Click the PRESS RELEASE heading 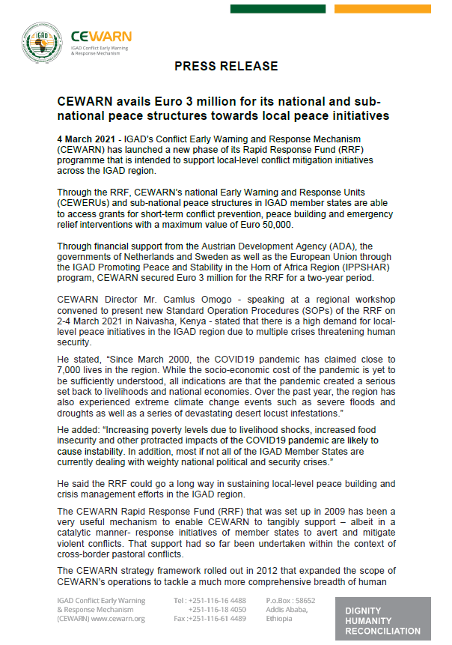click(x=226, y=66)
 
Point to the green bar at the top click(x=278, y=9)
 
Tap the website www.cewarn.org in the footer click(x=119, y=618)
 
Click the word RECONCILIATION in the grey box click(x=382, y=631)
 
